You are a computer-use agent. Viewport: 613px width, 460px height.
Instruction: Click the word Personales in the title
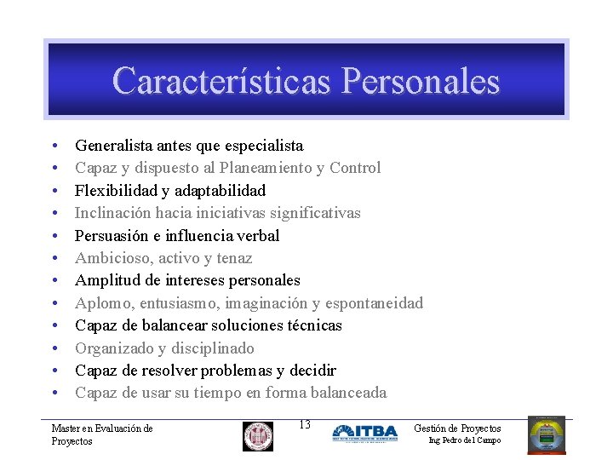[420, 82]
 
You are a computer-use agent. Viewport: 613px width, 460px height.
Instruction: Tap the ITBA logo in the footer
[364, 434]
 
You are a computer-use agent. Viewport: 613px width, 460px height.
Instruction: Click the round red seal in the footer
[257, 435]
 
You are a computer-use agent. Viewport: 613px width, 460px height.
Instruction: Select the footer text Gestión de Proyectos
[457, 428]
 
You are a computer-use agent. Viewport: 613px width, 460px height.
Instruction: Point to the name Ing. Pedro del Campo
[464, 440]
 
